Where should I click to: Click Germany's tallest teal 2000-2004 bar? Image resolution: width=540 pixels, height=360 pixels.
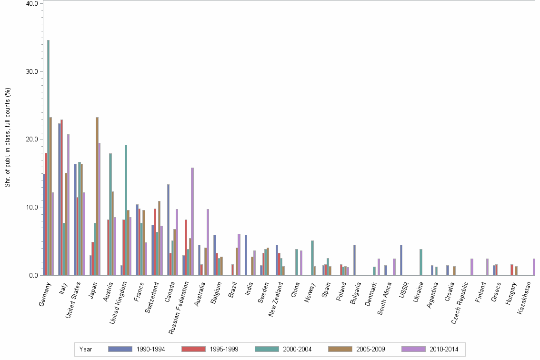pos(48,158)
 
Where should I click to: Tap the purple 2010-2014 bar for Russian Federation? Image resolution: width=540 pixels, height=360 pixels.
pos(192,221)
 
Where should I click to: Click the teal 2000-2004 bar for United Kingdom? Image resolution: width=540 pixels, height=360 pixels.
pos(126,210)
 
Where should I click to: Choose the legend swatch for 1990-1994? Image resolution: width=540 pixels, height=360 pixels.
pos(120,349)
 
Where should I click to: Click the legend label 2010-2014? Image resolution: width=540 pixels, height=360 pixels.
pos(444,349)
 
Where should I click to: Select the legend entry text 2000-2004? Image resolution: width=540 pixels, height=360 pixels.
pos(297,349)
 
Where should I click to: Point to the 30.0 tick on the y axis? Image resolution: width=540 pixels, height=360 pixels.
pos(31,71)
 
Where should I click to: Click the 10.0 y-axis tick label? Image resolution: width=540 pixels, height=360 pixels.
pos(31,208)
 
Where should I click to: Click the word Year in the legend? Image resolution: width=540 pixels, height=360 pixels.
pos(86,349)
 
